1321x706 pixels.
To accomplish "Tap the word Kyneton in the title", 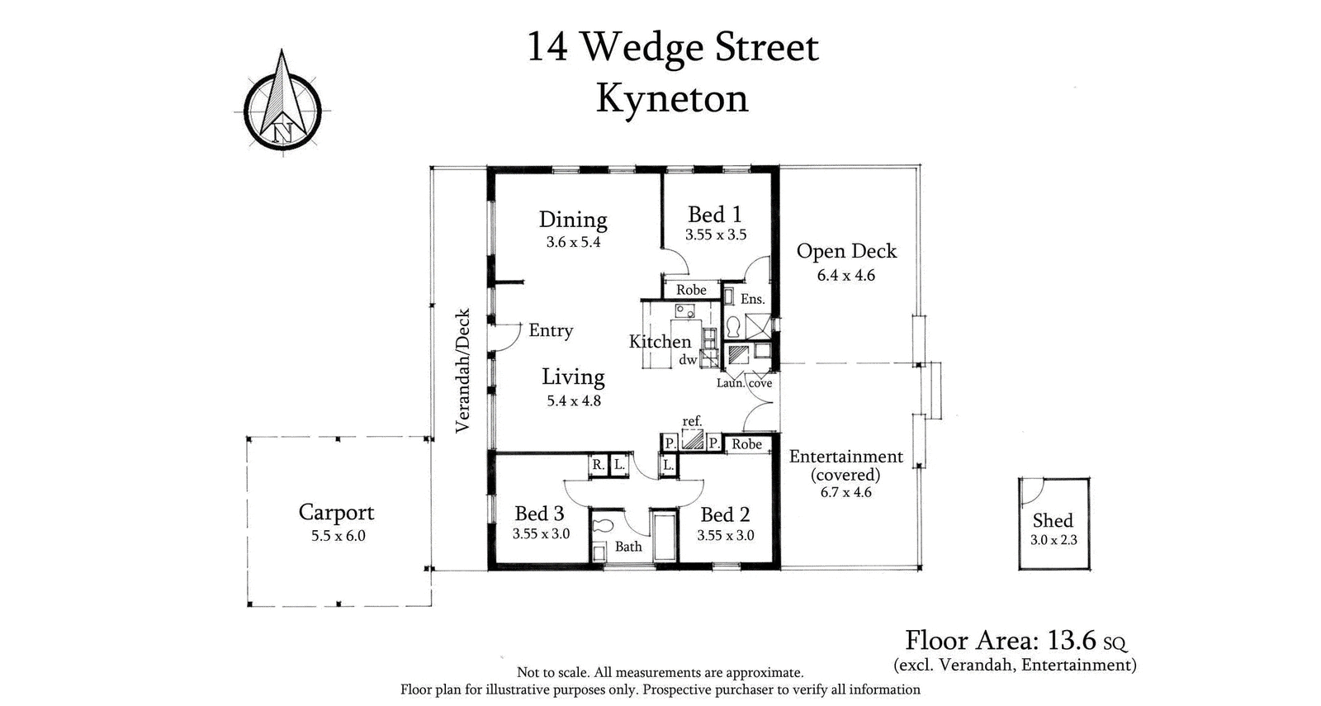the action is point(672,100).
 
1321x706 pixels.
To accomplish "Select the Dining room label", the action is point(573,220).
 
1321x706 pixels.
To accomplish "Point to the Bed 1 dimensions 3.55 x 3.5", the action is point(715,235).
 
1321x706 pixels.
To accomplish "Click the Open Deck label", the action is point(846,251).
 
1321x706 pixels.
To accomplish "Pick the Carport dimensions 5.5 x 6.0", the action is point(338,536).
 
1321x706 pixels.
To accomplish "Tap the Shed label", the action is point(1053,520).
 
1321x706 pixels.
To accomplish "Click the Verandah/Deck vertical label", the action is point(463,371).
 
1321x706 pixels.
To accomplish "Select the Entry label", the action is point(551,330).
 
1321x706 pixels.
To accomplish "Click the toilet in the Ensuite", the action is point(733,327).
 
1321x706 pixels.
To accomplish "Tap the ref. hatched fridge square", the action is point(693,440).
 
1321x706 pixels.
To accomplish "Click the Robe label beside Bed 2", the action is point(746,444).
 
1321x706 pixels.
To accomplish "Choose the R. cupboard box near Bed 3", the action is point(598,465).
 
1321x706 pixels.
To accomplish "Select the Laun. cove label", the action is point(744,383).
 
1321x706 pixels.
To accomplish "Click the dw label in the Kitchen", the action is point(688,359).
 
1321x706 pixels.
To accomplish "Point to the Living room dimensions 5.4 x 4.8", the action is point(573,401).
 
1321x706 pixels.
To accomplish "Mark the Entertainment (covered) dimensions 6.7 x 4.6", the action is point(845,492).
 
